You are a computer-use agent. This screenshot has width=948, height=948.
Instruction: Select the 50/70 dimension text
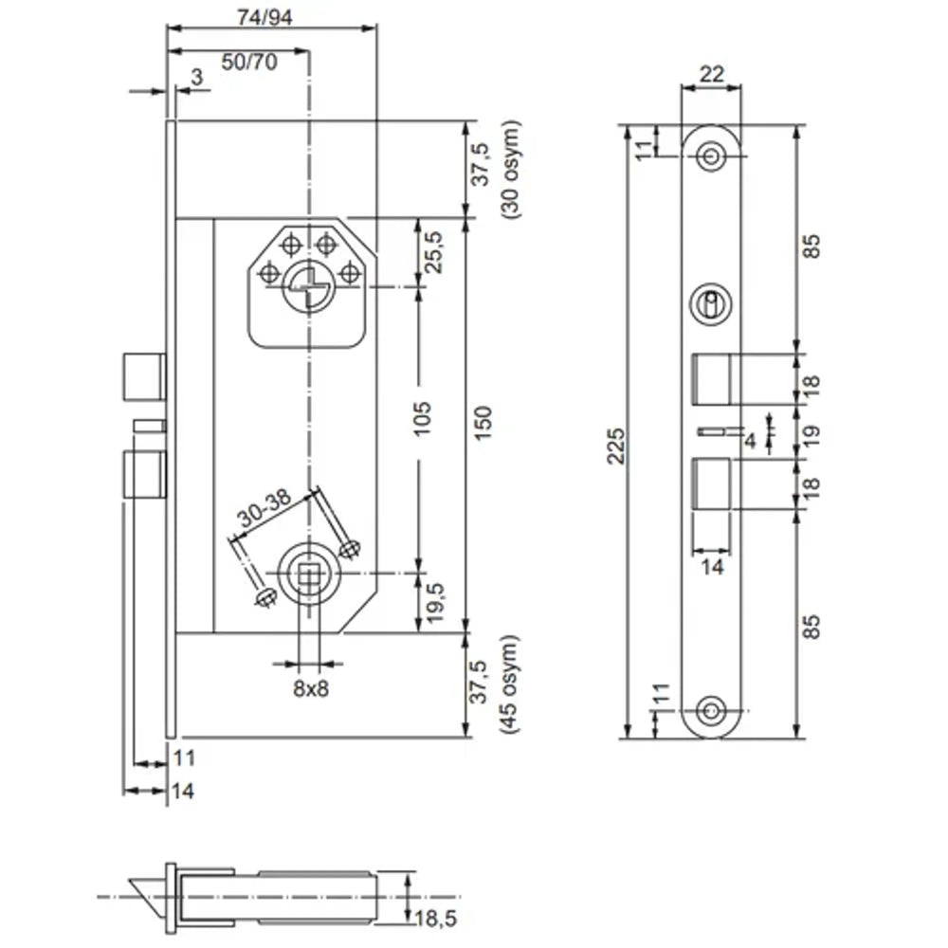pyautogui.click(x=249, y=62)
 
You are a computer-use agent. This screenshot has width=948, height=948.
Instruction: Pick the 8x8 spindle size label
pyautogui.click(x=309, y=689)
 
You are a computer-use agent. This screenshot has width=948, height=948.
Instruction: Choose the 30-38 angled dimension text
pyautogui.click(x=264, y=513)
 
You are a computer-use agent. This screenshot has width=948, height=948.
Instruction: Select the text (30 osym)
pyautogui.click(x=512, y=171)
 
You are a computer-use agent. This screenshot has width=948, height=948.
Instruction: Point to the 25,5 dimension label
pyautogui.click(x=434, y=252)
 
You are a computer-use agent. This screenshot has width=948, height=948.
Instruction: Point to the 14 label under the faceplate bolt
pyautogui.click(x=712, y=566)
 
